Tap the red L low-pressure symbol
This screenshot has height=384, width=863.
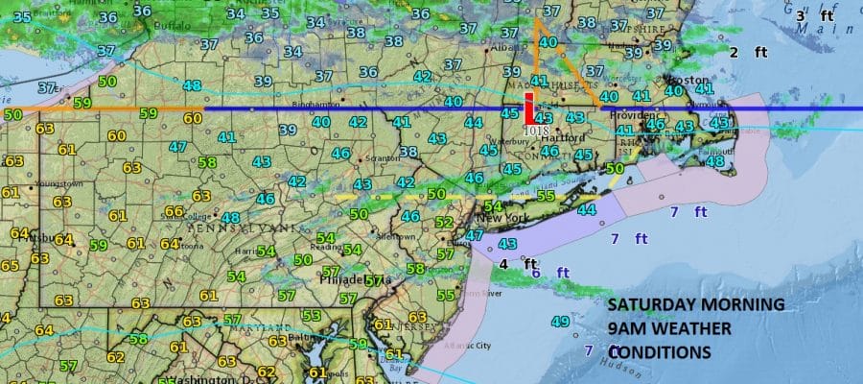(528, 108)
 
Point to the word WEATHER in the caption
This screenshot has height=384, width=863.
(694, 329)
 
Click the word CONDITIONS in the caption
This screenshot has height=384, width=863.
(660, 352)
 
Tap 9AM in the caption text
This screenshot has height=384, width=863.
(628, 329)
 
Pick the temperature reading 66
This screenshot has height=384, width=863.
(174, 211)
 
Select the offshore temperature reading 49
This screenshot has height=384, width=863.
(560, 321)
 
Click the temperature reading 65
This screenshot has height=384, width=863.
(9, 265)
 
